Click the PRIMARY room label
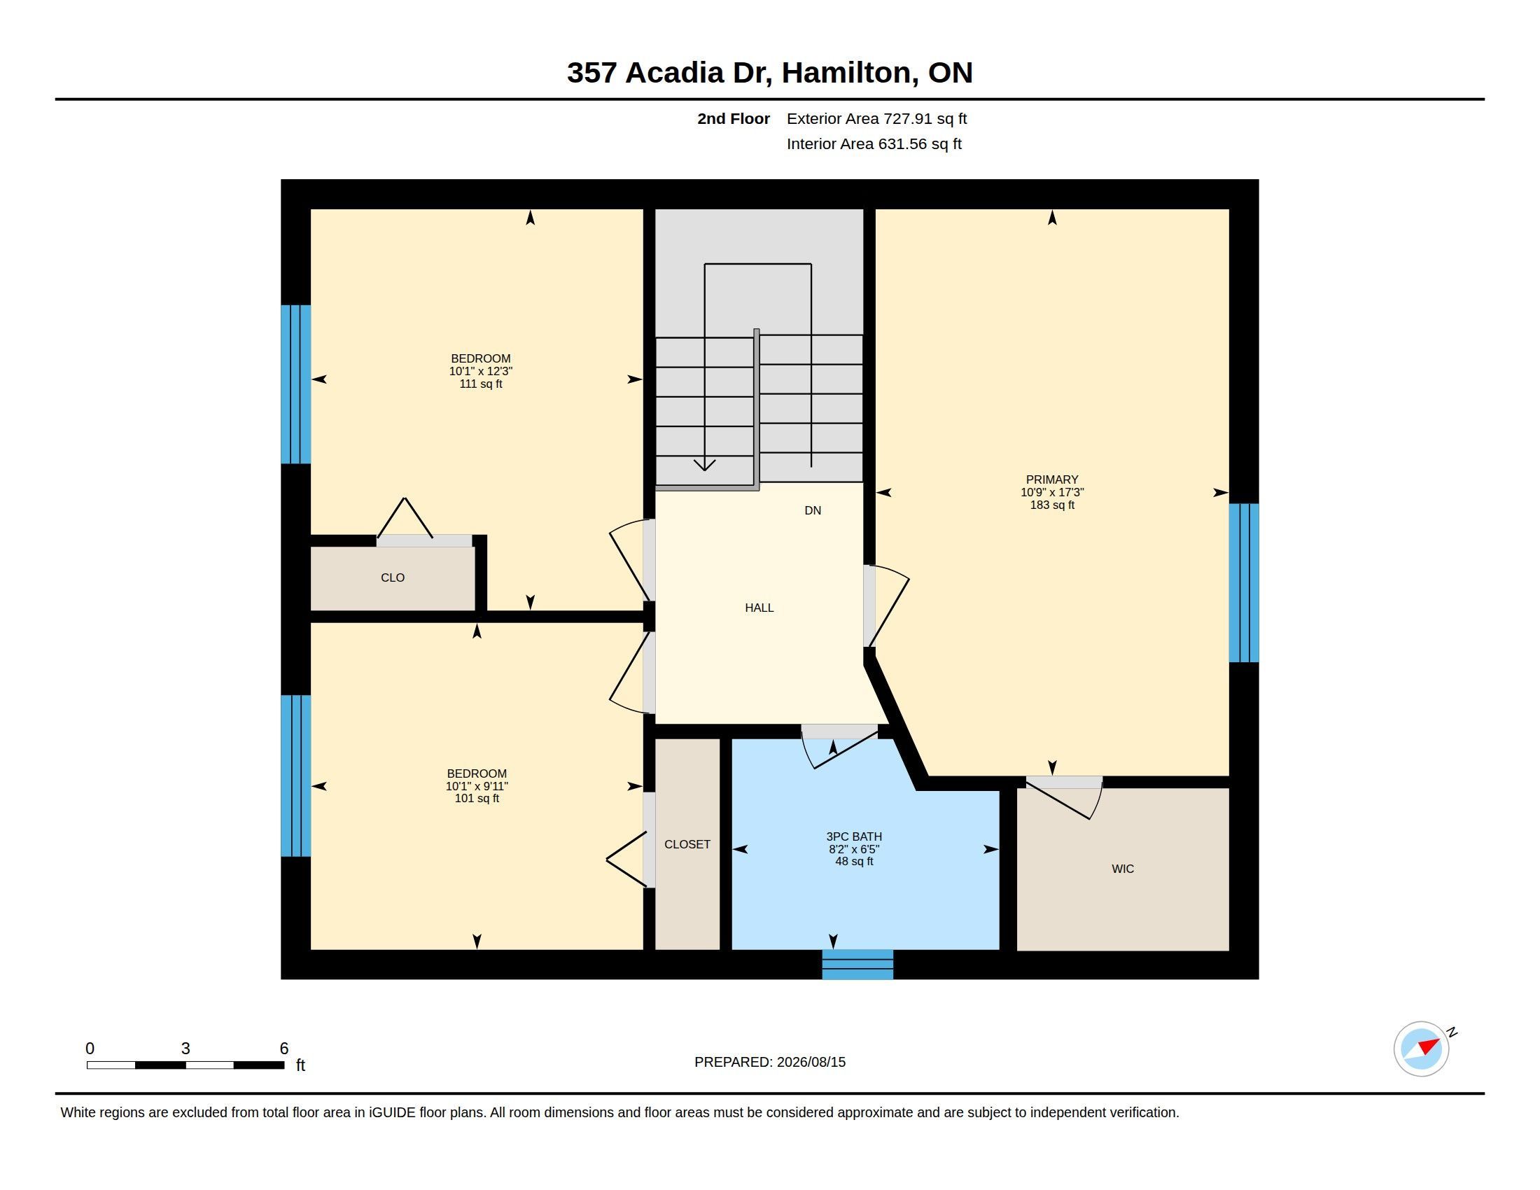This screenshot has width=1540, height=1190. pos(1052,479)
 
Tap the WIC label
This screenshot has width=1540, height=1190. pos(1123,869)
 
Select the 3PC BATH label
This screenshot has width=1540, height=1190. pos(854,836)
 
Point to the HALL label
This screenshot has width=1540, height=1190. pos(759,608)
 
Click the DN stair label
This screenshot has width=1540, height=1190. pos(812,510)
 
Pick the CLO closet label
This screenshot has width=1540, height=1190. pos(393,577)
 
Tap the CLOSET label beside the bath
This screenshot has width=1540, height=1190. pos(687,844)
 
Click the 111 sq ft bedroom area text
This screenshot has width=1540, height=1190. pos(481,384)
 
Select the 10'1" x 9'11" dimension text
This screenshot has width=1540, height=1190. pos(477,786)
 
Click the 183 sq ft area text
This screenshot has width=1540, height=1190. pos(1052,505)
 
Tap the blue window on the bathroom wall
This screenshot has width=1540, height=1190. pos(857,965)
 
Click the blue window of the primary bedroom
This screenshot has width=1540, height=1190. pos(1244,582)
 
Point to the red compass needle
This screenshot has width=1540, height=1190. pos(1429,1046)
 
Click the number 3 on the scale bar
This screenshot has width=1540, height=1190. pos(185,1049)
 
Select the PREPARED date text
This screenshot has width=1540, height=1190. pos(770,1062)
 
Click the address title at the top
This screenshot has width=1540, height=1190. pos(770,73)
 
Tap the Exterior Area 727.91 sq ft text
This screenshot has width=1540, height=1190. pos(876,118)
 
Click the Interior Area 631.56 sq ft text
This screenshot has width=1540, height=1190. pos(874,143)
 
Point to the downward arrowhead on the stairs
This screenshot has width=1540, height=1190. pos(704,465)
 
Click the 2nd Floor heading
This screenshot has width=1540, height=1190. pos(734,118)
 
